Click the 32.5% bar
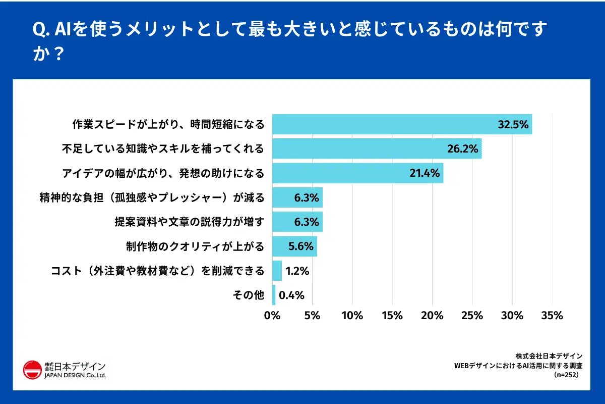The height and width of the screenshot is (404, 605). (402, 124)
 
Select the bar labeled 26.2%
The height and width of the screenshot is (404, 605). (377, 149)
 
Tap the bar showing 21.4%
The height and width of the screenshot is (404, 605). (357, 173)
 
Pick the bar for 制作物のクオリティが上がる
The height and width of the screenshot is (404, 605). (294, 246)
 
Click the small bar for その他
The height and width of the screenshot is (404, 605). (274, 295)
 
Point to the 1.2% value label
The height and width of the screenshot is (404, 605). (297, 271)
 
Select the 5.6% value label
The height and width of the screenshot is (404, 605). (301, 247)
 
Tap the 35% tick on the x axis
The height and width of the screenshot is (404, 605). (552, 316)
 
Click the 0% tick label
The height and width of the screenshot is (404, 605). (272, 316)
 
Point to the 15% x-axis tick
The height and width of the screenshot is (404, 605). (392, 316)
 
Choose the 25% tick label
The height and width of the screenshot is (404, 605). (472, 316)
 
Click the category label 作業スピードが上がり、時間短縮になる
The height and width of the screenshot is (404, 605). (168, 124)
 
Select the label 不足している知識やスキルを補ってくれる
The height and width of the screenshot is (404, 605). (163, 149)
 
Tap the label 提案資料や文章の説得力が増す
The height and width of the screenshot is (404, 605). (190, 222)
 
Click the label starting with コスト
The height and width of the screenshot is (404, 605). (158, 271)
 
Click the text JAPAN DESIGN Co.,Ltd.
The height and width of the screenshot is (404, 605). (75, 376)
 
